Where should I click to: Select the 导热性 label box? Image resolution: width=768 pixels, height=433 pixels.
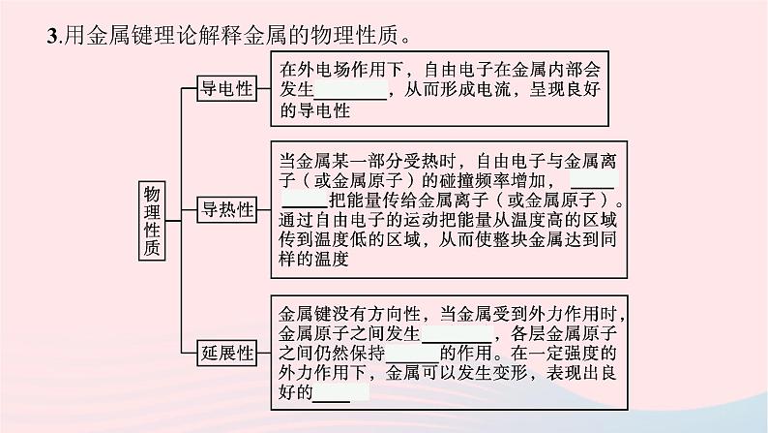(x=225, y=209)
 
